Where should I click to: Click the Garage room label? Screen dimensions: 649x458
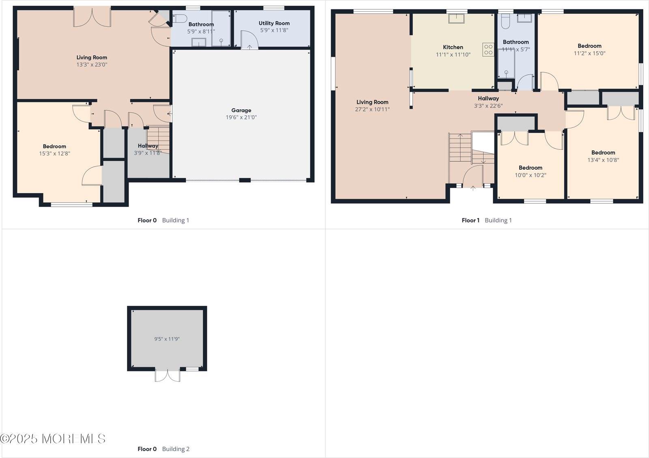tap(241, 110)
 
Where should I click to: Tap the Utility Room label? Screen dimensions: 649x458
tap(274, 23)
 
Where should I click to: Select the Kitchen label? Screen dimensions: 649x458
tap(453, 47)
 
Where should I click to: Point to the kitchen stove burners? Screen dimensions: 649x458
tap(488, 49)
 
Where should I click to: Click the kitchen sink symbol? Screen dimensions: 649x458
tap(456, 18)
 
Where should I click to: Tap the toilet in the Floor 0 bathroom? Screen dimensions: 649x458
tap(180, 18)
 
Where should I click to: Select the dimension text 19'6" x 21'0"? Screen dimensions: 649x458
tap(241, 117)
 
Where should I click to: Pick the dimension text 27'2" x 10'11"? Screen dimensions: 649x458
tap(372, 109)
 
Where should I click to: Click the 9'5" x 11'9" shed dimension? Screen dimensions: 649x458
tap(167, 339)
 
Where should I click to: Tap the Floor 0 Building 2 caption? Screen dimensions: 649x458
tap(163, 449)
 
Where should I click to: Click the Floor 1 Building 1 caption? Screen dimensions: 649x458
tap(487, 220)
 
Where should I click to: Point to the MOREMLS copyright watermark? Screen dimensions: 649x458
tap(53, 439)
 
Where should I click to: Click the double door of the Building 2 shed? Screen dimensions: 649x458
tap(168, 376)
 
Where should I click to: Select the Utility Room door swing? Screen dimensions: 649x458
tap(249, 39)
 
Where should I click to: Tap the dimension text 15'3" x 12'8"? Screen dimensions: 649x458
tap(54, 153)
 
